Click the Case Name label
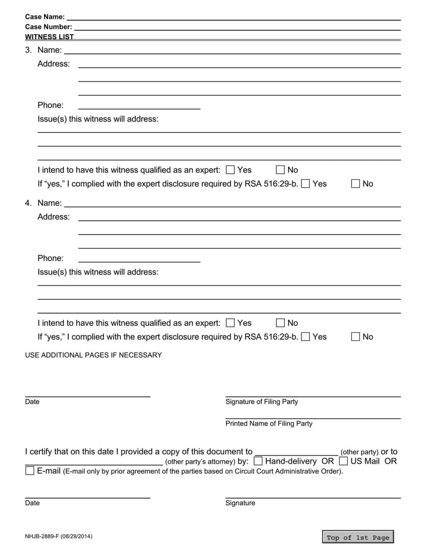45,17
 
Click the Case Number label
48,27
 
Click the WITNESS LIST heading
50,37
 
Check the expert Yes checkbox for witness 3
231,170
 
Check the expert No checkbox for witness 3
281,170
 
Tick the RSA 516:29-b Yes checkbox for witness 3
306,184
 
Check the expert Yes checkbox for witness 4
231,323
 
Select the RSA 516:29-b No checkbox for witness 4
356,337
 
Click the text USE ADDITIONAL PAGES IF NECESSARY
94,355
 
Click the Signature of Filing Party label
261,402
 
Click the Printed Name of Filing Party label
269,423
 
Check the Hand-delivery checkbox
258,461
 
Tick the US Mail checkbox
343,461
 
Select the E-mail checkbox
30,471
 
